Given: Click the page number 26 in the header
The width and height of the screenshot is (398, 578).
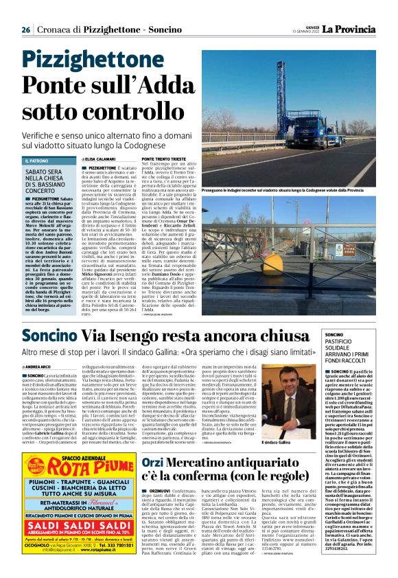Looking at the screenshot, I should coord(26,30).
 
